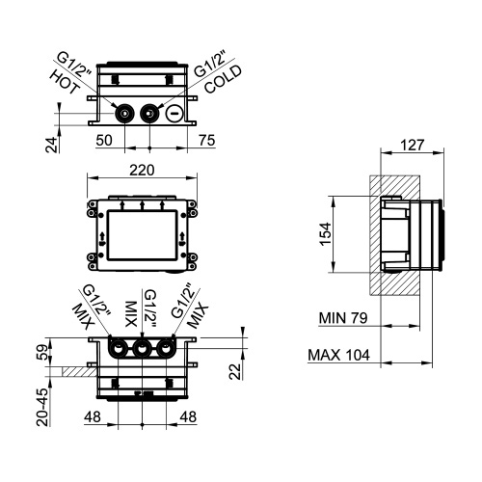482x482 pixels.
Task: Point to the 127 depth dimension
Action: click(414, 147)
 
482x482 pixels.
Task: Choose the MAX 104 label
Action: click(341, 355)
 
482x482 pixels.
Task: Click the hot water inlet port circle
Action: click(126, 114)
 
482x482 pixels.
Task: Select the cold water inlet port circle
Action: click(149, 114)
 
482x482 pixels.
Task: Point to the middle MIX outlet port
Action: click(143, 349)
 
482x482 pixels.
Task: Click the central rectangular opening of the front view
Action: click(143, 232)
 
